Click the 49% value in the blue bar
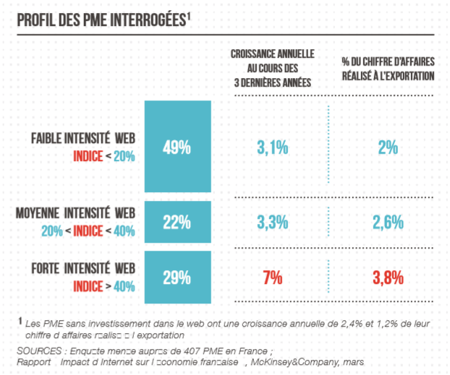tap(177, 147)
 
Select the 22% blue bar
tap(177, 222)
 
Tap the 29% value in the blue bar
tap(177, 277)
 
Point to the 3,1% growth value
tap(273, 147)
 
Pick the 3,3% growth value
tap(273, 222)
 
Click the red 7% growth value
tap(273, 277)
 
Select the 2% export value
tap(388, 147)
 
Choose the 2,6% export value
tap(388, 222)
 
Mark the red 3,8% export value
tap(388, 277)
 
